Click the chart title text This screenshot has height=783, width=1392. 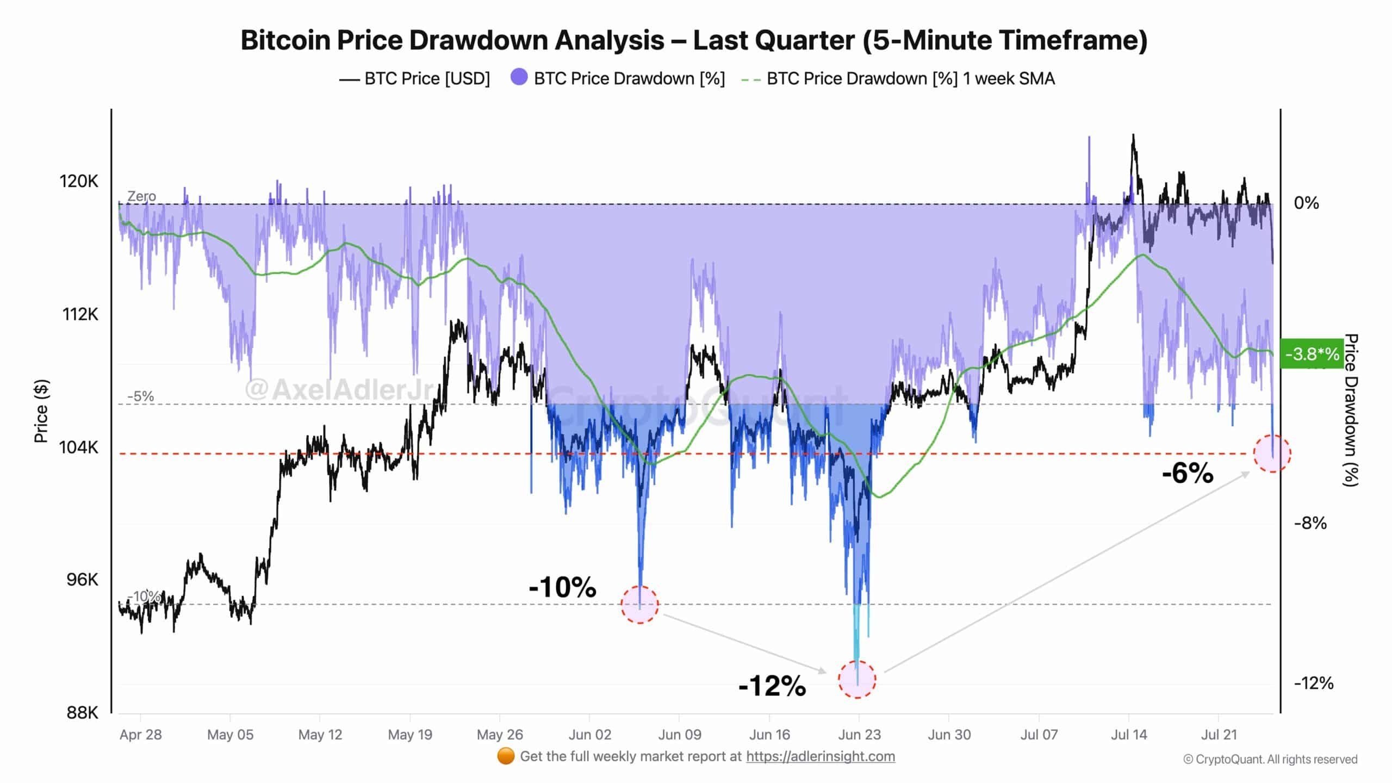click(694, 40)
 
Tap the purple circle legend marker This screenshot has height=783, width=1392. click(519, 78)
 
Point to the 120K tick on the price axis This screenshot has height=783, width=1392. click(79, 181)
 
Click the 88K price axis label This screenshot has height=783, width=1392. click(82, 712)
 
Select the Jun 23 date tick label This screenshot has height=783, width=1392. click(859, 735)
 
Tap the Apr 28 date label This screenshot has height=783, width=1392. click(140, 735)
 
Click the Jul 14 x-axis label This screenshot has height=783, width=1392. click(1129, 735)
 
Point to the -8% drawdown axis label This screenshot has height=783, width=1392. click(1310, 524)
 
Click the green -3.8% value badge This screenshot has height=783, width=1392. click(1312, 355)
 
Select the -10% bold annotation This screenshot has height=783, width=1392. click(562, 587)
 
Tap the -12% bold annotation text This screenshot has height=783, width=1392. click(772, 686)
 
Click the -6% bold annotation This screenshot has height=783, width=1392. click(1188, 473)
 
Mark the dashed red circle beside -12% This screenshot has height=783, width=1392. click(857, 679)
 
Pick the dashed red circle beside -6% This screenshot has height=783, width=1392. click(1272, 453)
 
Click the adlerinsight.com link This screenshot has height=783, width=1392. click(821, 756)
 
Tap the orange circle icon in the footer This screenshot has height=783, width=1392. click(506, 756)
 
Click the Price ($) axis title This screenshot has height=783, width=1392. click(41, 411)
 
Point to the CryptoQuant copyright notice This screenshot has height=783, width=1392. click(1270, 759)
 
